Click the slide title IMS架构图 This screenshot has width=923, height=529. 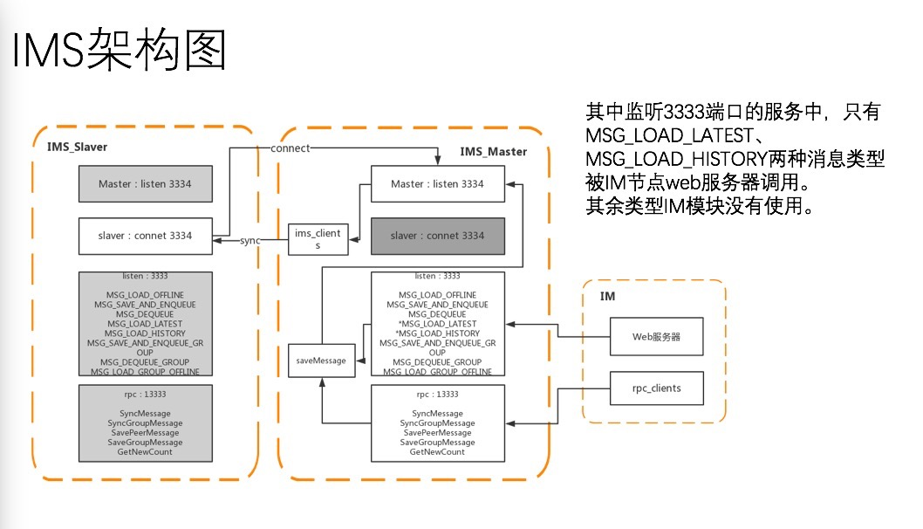pos(119,50)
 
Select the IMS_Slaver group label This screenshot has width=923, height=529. pos(78,146)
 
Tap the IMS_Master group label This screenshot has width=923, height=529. pos(493,151)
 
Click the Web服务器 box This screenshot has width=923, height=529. pos(656,336)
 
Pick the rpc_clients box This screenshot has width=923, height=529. pos(656,388)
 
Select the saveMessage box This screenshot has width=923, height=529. pos(322,360)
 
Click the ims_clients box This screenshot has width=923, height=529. pos(318,239)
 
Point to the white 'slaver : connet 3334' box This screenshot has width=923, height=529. pos(145,235)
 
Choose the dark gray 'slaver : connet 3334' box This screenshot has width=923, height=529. pos(437,236)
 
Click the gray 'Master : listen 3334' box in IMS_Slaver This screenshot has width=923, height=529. pos(145,184)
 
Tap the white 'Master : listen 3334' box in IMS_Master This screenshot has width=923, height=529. pos(437,184)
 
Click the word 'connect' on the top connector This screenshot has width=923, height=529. pos(290,148)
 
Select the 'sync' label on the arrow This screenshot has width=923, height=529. pos(250,240)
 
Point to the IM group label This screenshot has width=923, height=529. pos(607,297)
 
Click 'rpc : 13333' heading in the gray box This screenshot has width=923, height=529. pos(145,394)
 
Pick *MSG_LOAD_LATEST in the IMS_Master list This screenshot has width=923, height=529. pos(437,324)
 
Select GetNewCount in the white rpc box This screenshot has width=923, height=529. pos(437,451)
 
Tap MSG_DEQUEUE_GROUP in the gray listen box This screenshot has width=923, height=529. pos(145,361)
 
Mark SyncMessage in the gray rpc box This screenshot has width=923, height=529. pos(145,413)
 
